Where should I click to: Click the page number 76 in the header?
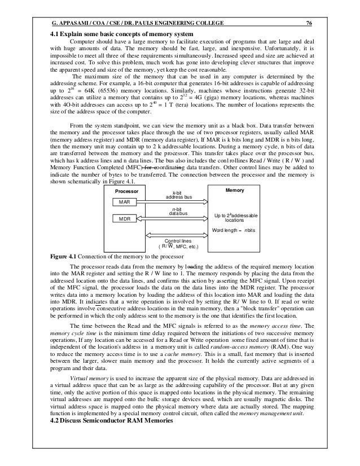pos(309,23)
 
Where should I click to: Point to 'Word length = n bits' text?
pos(234,231)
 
